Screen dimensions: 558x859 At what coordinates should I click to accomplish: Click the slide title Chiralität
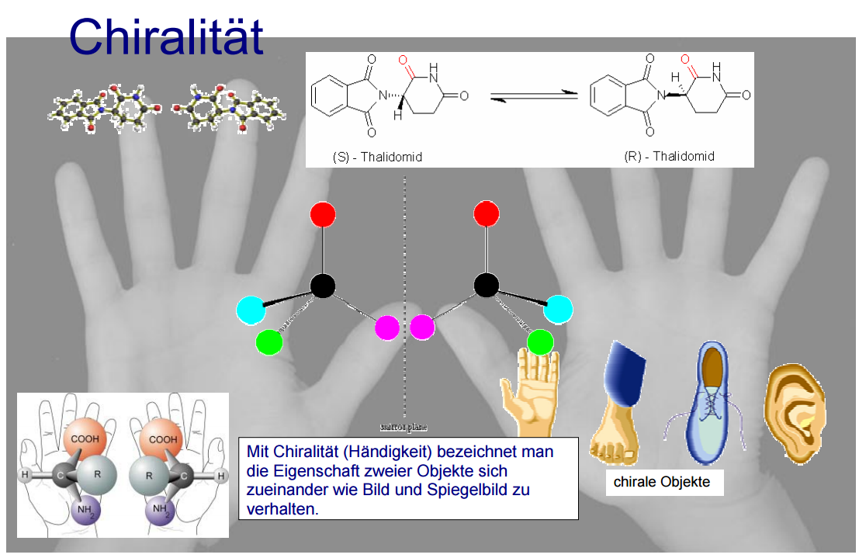(166, 36)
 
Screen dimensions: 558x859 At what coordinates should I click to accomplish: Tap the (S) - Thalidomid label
(378, 157)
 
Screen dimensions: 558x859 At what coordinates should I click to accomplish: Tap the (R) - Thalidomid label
(669, 156)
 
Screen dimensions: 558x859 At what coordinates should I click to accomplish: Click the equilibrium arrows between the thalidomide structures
(534, 95)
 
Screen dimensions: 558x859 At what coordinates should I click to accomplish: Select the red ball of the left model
(322, 214)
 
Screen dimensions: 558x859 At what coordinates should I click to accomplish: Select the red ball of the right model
(486, 213)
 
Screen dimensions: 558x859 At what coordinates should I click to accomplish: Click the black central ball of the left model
(323, 286)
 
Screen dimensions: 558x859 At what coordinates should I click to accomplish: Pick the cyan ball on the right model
(558, 310)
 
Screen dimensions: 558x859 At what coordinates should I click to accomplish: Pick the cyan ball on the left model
(251, 310)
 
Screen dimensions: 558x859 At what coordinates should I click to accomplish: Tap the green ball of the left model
(268, 342)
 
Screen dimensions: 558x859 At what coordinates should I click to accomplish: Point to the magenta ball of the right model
(422, 328)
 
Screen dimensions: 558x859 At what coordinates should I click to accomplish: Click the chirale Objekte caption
(662, 482)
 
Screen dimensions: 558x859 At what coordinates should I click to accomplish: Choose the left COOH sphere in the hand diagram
(85, 441)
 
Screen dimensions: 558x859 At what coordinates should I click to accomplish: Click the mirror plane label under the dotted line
(404, 427)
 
